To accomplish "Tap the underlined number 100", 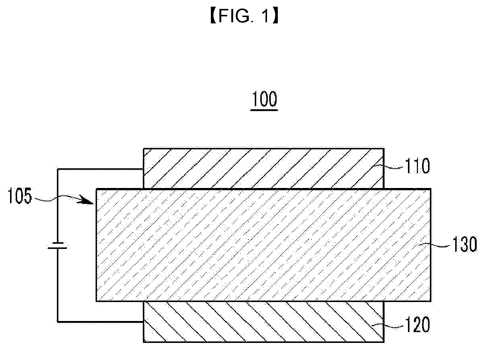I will click(x=264, y=100).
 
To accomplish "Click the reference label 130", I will click(x=464, y=245).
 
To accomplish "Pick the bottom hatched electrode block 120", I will click(x=263, y=321).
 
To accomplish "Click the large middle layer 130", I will click(x=263, y=245).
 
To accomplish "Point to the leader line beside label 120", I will click(x=393, y=325).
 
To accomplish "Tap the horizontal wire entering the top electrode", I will click(x=100, y=170).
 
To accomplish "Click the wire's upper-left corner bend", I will click(x=58, y=170).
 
